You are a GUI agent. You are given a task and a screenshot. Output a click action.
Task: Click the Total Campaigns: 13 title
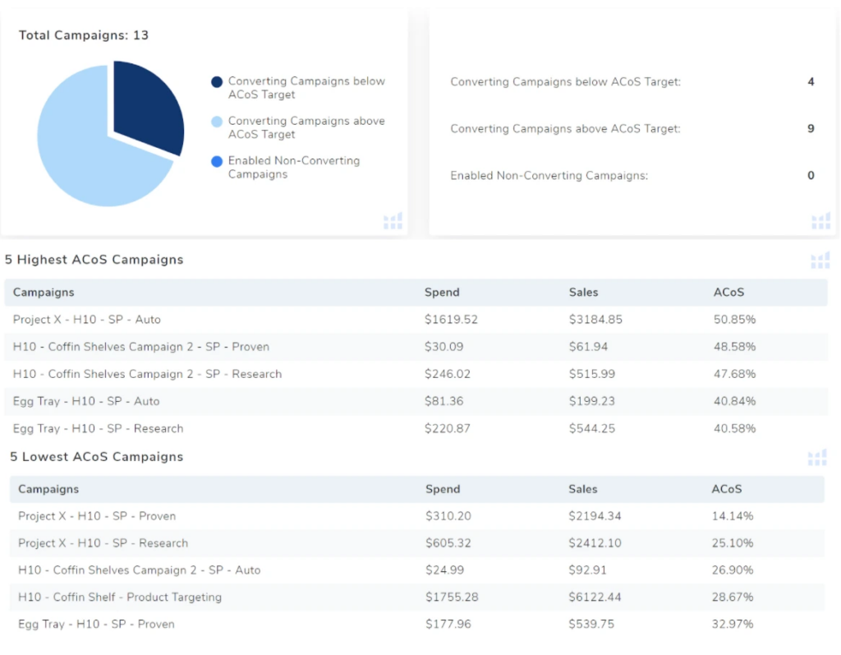(x=84, y=35)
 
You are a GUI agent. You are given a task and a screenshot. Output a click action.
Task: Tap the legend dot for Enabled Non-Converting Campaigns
(x=217, y=161)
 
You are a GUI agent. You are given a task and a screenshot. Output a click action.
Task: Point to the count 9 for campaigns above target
(x=811, y=128)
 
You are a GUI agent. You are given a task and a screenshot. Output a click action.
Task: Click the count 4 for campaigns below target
(x=811, y=81)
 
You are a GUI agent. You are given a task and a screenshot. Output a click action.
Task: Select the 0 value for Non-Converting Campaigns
(x=811, y=175)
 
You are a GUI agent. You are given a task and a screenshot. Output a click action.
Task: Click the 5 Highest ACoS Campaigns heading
(x=94, y=260)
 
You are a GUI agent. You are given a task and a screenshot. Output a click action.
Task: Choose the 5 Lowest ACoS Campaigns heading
(x=96, y=457)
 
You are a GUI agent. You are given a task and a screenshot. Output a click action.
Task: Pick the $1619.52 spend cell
(x=451, y=319)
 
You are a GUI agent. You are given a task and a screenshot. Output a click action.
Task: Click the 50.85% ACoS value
(x=734, y=319)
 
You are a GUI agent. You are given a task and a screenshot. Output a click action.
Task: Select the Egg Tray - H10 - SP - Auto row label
(x=86, y=401)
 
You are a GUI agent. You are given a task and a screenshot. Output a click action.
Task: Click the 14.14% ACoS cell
(x=732, y=516)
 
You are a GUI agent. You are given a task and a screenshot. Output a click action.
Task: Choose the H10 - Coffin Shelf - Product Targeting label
(x=120, y=597)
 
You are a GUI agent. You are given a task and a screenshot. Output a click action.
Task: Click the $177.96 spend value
(x=448, y=624)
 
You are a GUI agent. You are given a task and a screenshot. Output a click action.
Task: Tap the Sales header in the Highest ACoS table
(x=583, y=292)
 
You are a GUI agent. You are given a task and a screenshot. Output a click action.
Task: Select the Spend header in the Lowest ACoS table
(x=443, y=489)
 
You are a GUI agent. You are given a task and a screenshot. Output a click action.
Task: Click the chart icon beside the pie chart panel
(x=393, y=220)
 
